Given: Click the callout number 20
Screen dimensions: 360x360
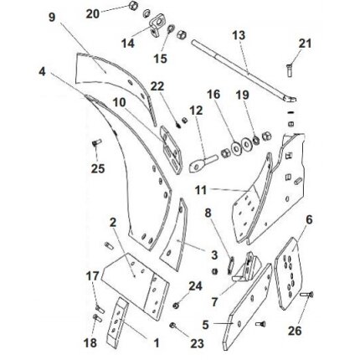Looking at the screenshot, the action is coord(93,13).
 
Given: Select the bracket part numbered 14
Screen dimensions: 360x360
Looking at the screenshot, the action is coord(157,25).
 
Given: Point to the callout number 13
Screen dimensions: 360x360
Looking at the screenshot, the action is coord(239,35).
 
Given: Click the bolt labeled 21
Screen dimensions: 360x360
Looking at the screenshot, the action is coord(290,70).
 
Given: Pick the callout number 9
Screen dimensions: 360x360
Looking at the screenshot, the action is coord(52,18).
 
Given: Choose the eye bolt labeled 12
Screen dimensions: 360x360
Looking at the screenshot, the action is coord(202,163).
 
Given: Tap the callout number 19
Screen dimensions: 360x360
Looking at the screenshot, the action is coord(242,95).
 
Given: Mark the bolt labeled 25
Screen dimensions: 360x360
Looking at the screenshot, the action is coord(95,145).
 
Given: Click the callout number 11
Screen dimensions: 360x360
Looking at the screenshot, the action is coord(201,190).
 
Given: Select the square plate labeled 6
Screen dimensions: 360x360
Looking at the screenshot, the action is coord(289,274).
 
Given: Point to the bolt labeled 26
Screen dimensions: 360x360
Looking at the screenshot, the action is coord(306,294).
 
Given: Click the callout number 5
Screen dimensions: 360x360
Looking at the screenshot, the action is coord(205,325).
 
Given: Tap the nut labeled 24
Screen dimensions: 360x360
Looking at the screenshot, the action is coord(176,306).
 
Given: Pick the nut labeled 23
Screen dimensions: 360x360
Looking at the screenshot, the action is coord(172,325).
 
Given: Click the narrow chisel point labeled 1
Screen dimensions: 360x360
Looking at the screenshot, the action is coord(117,322).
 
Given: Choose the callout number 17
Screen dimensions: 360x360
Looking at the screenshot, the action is coord(93,276).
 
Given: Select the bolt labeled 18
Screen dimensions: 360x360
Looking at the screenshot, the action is coord(95,318).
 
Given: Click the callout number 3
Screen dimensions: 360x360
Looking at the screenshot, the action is coord(214,255).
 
